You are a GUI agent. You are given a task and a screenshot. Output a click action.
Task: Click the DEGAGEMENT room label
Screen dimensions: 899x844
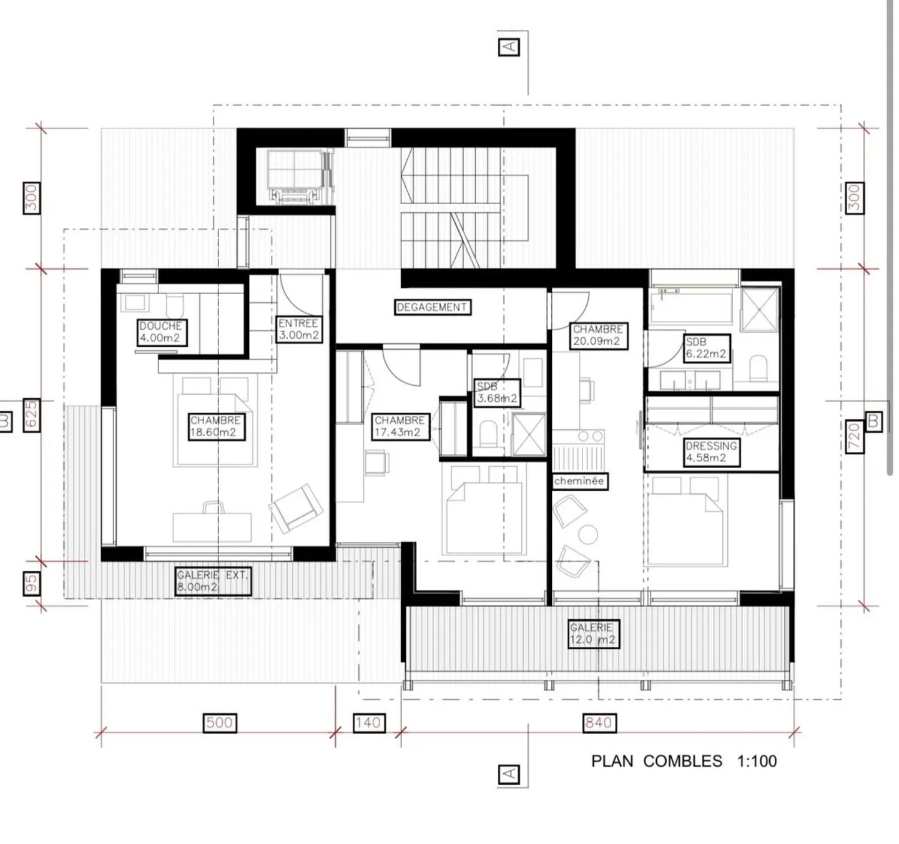pos(432,307)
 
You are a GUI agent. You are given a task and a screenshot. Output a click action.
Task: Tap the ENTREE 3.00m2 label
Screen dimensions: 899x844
pos(299,329)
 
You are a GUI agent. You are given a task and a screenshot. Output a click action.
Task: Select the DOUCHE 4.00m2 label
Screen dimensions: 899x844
pos(162,332)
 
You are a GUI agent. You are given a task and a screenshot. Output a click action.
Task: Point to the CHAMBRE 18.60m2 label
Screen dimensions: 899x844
pos(217,426)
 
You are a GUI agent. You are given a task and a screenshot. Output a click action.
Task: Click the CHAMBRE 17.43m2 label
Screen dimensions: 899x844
pos(400,426)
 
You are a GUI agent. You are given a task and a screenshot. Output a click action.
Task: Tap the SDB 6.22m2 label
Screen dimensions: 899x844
pos(706,348)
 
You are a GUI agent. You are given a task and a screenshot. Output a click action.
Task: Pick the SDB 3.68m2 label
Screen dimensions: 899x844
pos(497,392)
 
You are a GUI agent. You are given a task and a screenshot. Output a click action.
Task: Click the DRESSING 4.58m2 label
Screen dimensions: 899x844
pos(712,452)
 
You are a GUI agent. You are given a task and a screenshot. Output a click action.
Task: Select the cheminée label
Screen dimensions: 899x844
pos(579,481)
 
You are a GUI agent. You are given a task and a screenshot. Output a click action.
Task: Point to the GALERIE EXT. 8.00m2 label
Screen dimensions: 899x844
pos(213,581)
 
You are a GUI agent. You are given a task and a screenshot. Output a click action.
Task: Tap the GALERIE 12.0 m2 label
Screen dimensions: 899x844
pos(593,634)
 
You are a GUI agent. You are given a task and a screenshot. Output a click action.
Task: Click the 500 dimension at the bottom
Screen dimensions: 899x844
pos(220,722)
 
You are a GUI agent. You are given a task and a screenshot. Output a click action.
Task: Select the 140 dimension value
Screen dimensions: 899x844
pos(369,722)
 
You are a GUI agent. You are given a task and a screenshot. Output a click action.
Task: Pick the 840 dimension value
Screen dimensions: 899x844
pos(599,722)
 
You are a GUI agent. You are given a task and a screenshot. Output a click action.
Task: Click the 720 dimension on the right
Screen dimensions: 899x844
pos(854,436)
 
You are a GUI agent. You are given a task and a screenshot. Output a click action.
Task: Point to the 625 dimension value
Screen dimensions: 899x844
pos(32,415)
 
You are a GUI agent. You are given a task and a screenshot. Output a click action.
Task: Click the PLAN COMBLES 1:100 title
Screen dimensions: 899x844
pos(684,761)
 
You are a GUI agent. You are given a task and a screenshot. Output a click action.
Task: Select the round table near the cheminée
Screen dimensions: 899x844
pos(588,535)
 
